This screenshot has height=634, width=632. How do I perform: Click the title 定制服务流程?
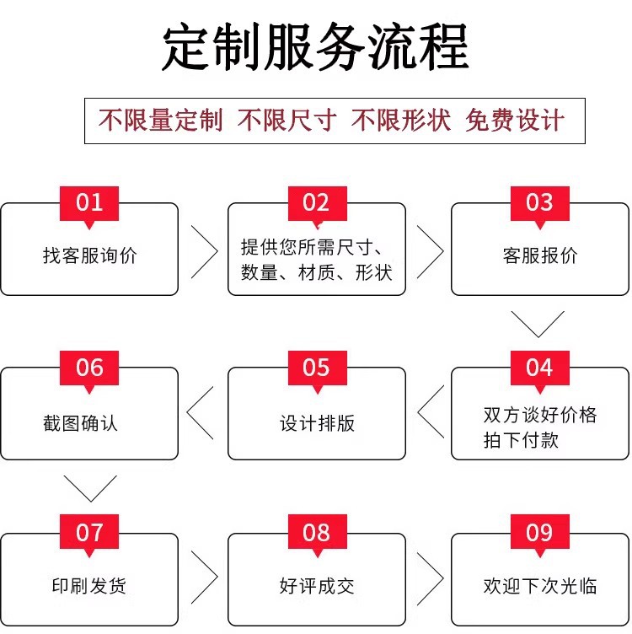(x=316, y=46)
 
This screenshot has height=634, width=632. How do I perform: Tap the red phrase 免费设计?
(x=514, y=121)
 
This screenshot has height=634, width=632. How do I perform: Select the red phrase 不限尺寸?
(x=287, y=121)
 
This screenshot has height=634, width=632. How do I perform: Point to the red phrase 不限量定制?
(x=160, y=121)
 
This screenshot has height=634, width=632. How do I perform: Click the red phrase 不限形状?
(x=400, y=121)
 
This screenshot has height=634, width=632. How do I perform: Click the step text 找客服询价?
(x=89, y=255)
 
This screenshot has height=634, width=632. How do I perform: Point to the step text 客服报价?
(x=540, y=255)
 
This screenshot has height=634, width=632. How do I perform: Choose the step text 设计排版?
(x=317, y=423)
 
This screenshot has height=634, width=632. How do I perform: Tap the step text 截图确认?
(x=80, y=423)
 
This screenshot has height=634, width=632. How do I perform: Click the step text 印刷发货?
(x=89, y=586)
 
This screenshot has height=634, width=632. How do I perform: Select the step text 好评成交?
(x=317, y=586)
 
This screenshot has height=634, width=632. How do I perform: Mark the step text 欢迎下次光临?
(x=540, y=586)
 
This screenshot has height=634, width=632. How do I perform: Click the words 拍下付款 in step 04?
(x=521, y=440)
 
